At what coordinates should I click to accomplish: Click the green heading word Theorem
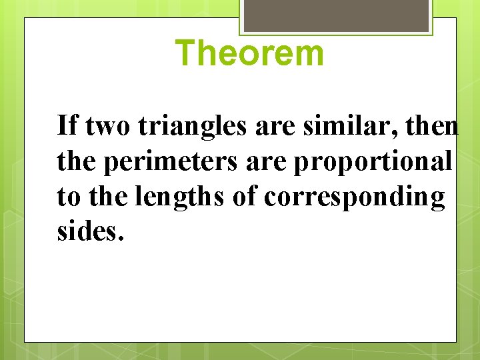point(251,53)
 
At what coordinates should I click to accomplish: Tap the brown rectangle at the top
point(336,15)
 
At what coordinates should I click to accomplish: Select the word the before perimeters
point(76,161)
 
